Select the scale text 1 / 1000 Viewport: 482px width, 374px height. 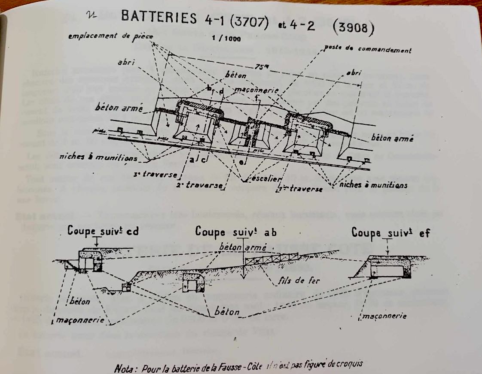tap(226, 38)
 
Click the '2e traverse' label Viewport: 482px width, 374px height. tap(200, 185)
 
